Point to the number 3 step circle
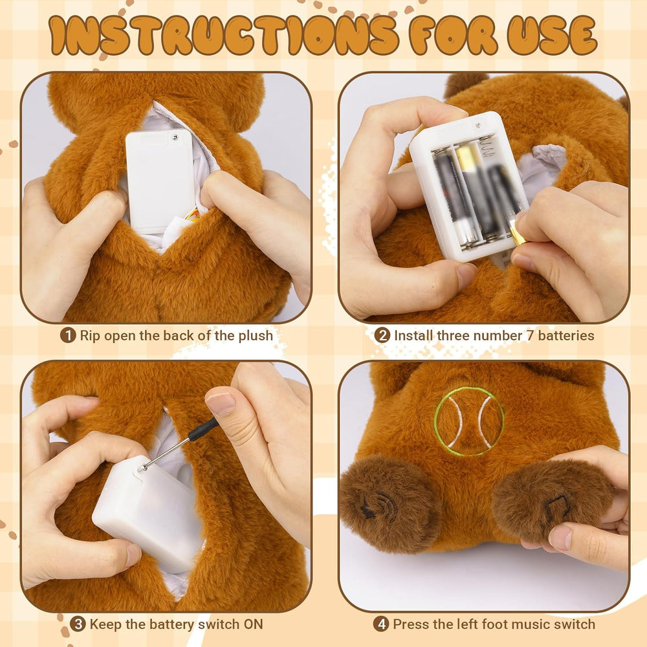[78, 624]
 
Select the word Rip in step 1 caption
[91, 335]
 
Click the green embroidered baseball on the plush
[468, 421]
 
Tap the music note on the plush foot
[556, 509]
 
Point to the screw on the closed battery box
[174, 136]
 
